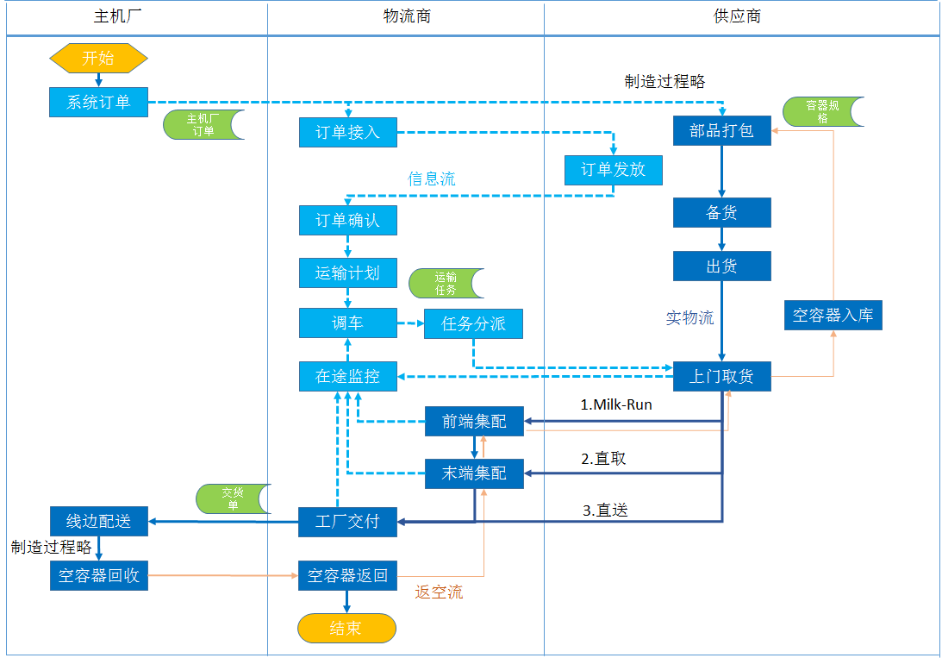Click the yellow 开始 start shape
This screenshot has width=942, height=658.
98,59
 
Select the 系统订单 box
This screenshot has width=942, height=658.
98,102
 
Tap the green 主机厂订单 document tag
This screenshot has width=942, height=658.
203,125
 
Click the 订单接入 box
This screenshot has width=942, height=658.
348,133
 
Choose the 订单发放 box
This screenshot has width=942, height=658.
613,170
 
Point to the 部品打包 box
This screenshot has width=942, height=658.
721,131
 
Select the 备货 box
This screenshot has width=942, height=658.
721,213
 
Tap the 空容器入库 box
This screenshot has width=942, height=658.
833,315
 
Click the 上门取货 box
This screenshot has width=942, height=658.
721,376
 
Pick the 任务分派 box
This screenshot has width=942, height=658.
473,324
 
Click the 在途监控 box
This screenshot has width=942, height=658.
348,376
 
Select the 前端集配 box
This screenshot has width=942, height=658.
474,421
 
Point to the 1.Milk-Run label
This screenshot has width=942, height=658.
615,404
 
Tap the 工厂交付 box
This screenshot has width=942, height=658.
348,522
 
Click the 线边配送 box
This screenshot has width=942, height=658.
98,521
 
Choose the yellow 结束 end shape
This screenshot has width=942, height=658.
346,628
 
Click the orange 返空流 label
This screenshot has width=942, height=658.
439,592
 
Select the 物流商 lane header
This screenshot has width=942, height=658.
406,16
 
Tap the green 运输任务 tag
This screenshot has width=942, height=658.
446,284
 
